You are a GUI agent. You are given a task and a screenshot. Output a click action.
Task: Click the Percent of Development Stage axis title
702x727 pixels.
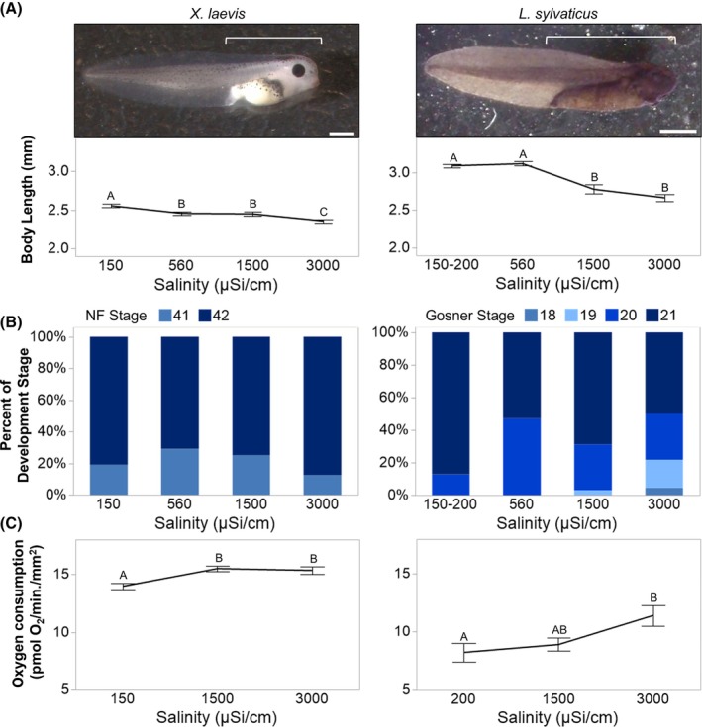coord(17,407)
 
